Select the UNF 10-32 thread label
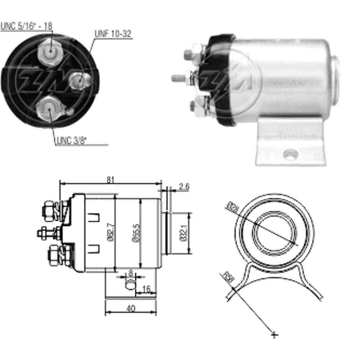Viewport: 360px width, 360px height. pos(113,34)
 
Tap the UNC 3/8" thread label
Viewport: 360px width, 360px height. pos(72,140)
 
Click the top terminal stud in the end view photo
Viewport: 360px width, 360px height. pos(50,53)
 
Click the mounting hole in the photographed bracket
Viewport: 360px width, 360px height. pos(291,155)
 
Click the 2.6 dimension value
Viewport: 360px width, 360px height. pos(184,186)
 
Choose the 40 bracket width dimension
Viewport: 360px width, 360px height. pos(131,309)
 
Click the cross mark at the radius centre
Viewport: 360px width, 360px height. pos(274,335)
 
